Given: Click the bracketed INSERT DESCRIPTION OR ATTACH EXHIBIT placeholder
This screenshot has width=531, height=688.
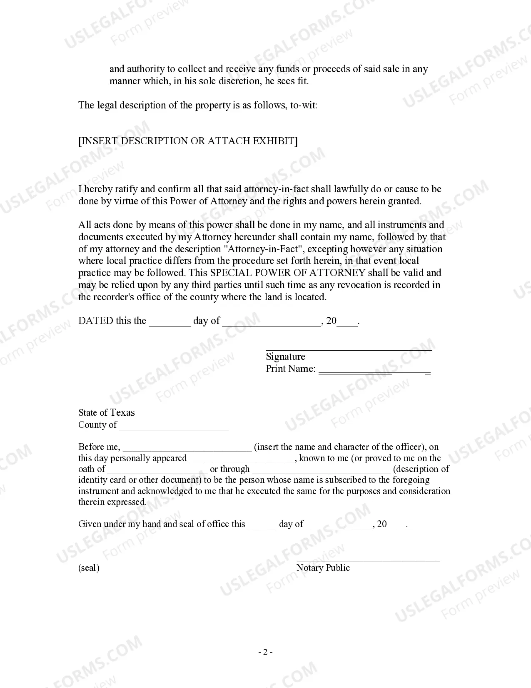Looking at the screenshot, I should pyautogui.click(x=188, y=141).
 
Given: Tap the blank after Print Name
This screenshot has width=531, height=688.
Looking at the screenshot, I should pyautogui.click(x=374, y=370).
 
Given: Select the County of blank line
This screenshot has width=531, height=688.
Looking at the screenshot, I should pyautogui.click(x=174, y=428).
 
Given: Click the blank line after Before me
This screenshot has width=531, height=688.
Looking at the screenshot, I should pyautogui.click(x=187, y=449).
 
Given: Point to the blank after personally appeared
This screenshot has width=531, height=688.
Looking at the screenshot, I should pyautogui.click(x=242, y=461).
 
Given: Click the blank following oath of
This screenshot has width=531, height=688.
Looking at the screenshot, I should pyautogui.click(x=157, y=472).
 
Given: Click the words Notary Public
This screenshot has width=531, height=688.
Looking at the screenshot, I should pyautogui.click(x=323, y=567).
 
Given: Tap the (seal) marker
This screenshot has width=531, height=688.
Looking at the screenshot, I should pyautogui.click(x=89, y=567).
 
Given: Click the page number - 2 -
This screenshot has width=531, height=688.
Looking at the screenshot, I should pyautogui.click(x=265, y=652).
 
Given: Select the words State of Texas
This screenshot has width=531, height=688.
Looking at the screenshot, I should pyautogui.click(x=107, y=412).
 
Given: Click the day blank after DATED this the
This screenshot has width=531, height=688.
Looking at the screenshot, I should pyautogui.click(x=170, y=324).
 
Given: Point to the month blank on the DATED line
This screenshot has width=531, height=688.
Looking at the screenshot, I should pyautogui.click(x=272, y=324).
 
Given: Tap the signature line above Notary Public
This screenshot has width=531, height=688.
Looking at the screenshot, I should pyautogui.click(x=368, y=561).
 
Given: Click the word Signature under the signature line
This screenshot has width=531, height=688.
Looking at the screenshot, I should pyautogui.click(x=285, y=357).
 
